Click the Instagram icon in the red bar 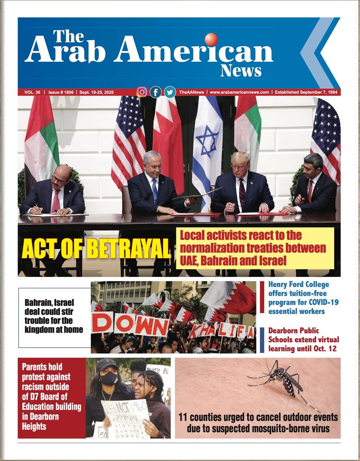coord(142,92)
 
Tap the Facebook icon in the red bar coord(156,92)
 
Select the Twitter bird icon coord(170,92)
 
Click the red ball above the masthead coord(211,39)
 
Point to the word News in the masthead coord(241,71)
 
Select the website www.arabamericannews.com coord(239,92)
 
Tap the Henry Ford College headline coord(299,298)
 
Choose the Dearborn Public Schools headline coord(303,339)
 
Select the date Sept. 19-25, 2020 coord(96,92)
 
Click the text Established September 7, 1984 coord(307,92)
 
